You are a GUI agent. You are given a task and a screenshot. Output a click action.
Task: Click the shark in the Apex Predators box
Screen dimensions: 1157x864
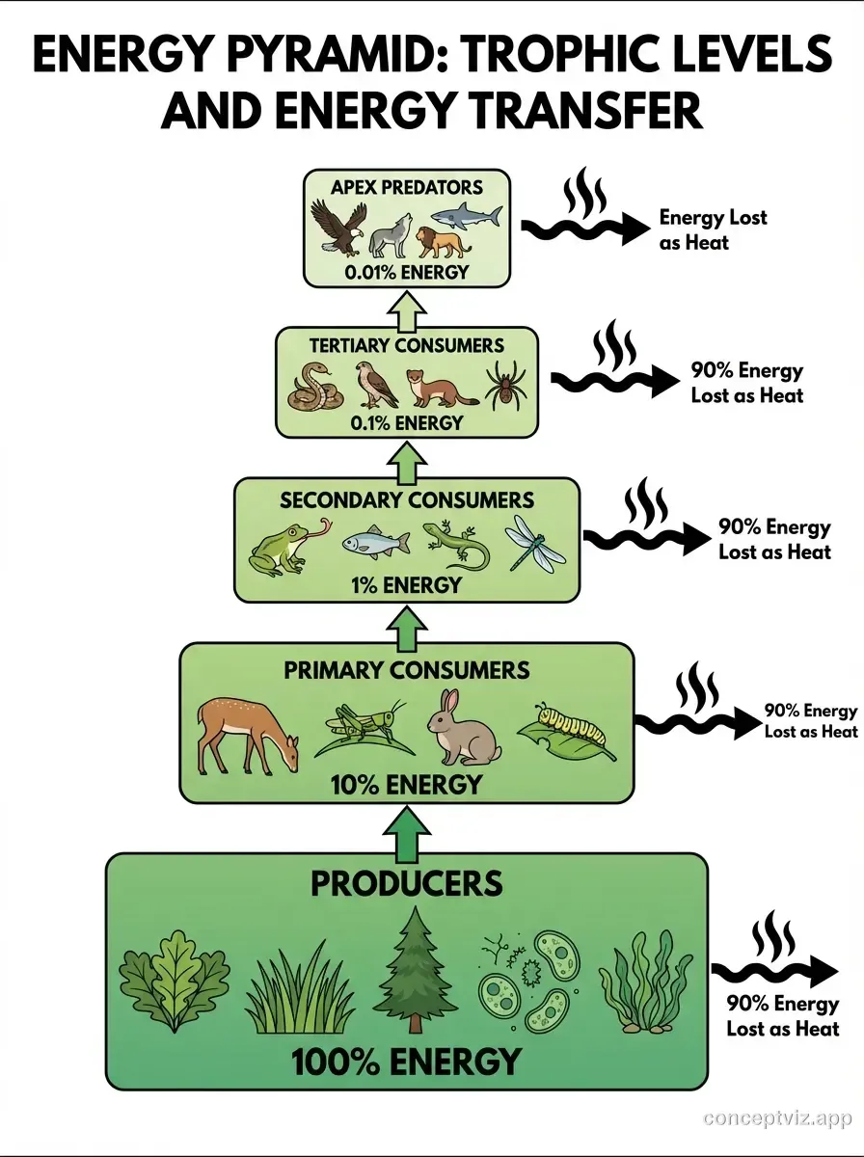coord(466,218)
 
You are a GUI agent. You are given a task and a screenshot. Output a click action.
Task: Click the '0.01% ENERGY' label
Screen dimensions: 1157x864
coord(407,272)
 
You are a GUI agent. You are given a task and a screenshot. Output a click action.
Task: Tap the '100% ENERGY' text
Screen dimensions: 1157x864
coord(405,1062)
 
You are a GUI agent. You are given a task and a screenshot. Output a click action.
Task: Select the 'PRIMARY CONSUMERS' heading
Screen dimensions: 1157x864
coord(406,669)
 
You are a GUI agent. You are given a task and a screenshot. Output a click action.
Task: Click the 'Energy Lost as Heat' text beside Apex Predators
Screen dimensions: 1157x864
coord(713,229)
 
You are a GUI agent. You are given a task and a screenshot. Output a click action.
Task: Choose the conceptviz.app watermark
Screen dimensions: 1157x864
coord(777,1118)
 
